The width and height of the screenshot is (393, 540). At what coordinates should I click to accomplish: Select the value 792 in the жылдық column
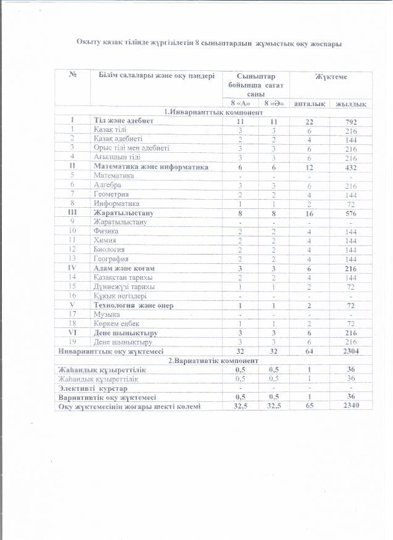[352, 121]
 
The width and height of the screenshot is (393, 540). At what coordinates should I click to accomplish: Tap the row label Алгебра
[107, 185]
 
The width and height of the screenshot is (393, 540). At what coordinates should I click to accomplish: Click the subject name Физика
[105, 231]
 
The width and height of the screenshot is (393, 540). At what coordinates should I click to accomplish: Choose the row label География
[111, 259]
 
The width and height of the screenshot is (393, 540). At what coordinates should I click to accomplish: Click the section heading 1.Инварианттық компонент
[213, 112]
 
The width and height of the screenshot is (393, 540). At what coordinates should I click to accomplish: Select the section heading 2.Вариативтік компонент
[213, 360]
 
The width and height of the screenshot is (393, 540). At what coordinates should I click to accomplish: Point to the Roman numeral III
[73, 213]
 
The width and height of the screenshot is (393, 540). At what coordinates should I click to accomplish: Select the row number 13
[73, 259]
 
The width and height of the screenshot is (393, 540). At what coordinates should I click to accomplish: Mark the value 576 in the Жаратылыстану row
[352, 213]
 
